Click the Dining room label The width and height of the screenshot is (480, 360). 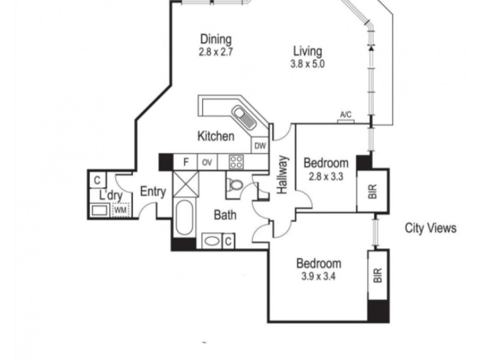[x=216, y=40]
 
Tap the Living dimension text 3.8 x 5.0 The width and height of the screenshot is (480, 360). [x=307, y=64]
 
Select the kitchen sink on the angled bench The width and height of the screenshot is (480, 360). [x=244, y=117]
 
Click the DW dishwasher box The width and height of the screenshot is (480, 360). [x=260, y=146]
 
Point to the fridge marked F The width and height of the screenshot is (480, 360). [x=185, y=162]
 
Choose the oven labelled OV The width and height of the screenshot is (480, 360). [x=207, y=162]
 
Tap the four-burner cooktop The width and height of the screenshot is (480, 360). [x=236, y=162]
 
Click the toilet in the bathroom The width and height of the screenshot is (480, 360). [x=235, y=185]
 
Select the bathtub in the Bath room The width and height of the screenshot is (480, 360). [x=184, y=218]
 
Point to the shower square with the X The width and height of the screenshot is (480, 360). [x=186, y=184]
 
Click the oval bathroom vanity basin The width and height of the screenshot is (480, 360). [x=211, y=241]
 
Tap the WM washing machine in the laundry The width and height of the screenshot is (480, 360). [x=121, y=211]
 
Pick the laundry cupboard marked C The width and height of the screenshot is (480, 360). [x=97, y=180]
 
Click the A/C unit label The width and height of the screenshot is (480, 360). [x=346, y=115]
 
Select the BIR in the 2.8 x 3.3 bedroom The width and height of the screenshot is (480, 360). [x=372, y=191]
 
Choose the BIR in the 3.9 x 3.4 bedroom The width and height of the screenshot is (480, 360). [x=378, y=275]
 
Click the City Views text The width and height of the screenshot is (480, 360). [x=430, y=228]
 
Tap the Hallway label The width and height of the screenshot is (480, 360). [x=282, y=175]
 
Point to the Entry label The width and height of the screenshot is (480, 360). [x=153, y=191]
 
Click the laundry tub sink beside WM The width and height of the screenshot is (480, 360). [x=99, y=211]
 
